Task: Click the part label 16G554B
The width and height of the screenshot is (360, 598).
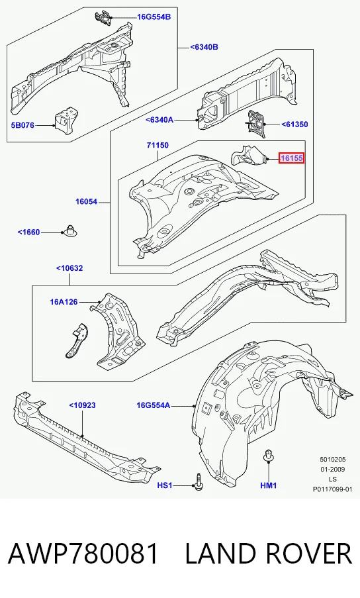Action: click(x=154, y=17)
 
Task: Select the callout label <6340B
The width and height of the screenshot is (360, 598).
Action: click(x=204, y=47)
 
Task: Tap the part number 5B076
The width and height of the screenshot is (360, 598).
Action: click(x=23, y=125)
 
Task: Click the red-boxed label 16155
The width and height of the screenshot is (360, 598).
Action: click(x=291, y=158)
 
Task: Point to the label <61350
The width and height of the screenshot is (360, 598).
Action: click(x=294, y=125)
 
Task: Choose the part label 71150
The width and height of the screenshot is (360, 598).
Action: click(x=157, y=145)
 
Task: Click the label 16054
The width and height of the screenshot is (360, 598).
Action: click(x=86, y=202)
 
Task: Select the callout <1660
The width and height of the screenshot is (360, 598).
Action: click(x=28, y=232)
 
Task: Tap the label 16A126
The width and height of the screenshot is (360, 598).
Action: click(x=64, y=302)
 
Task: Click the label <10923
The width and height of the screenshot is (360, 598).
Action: click(x=82, y=405)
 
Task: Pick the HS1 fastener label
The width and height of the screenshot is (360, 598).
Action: click(x=165, y=485)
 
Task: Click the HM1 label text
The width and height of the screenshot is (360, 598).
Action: click(x=269, y=485)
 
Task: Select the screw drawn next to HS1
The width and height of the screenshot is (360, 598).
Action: click(x=199, y=481)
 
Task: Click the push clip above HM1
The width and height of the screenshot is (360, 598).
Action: click(x=269, y=456)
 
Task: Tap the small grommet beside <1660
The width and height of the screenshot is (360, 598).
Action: click(x=69, y=231)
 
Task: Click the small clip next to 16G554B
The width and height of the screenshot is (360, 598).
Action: click(x=103, y=17)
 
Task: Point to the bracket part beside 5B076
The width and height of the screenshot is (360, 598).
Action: click(x=67, y=120)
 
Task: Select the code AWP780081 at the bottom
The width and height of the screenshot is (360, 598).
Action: click(x=83, y=554)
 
